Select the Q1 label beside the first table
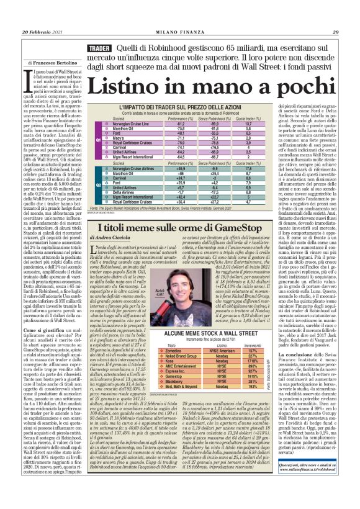(90, 140)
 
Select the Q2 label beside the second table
(90, 186)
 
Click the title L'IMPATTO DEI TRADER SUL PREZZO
(180, 108)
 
